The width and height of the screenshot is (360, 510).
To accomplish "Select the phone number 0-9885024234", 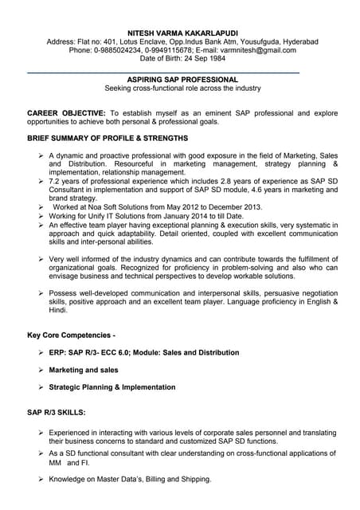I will click(x=122, y=50).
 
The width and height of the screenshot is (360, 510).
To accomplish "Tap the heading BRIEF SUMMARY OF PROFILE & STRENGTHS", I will click(x=108, y=139).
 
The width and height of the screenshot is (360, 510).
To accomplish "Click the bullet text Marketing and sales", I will click(x=84, y=370).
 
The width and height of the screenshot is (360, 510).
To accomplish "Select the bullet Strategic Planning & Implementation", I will click(x=112, y=387).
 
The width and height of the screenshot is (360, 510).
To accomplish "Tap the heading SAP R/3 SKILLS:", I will click(x=57, y=412).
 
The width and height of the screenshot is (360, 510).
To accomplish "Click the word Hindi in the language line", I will click(x=57, y=310).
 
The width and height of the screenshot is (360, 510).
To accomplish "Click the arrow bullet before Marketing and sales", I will click(x=41, y=370).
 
